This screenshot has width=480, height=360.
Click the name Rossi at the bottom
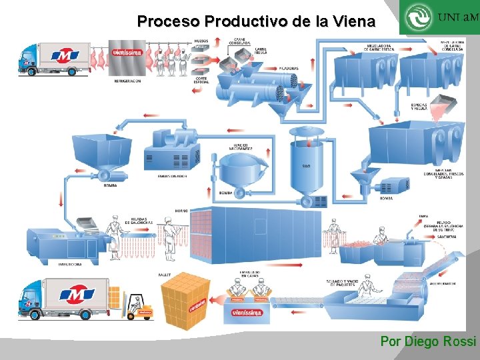(x=459, y=341)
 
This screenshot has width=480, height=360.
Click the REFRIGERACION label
(x=127, y=81)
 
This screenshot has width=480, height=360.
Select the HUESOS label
(x=201, y=41)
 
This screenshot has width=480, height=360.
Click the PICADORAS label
(x=289, y=68)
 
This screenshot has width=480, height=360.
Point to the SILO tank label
(x=305, y=165)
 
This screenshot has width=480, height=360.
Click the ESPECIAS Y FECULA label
(x=419, y=107)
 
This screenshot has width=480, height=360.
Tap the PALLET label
(x=164, y=274)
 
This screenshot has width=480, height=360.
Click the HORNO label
(x=181, y=211)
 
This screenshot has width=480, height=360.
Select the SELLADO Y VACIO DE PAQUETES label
(x=343, y=283)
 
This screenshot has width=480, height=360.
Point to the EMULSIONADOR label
(x=172, y=176)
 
